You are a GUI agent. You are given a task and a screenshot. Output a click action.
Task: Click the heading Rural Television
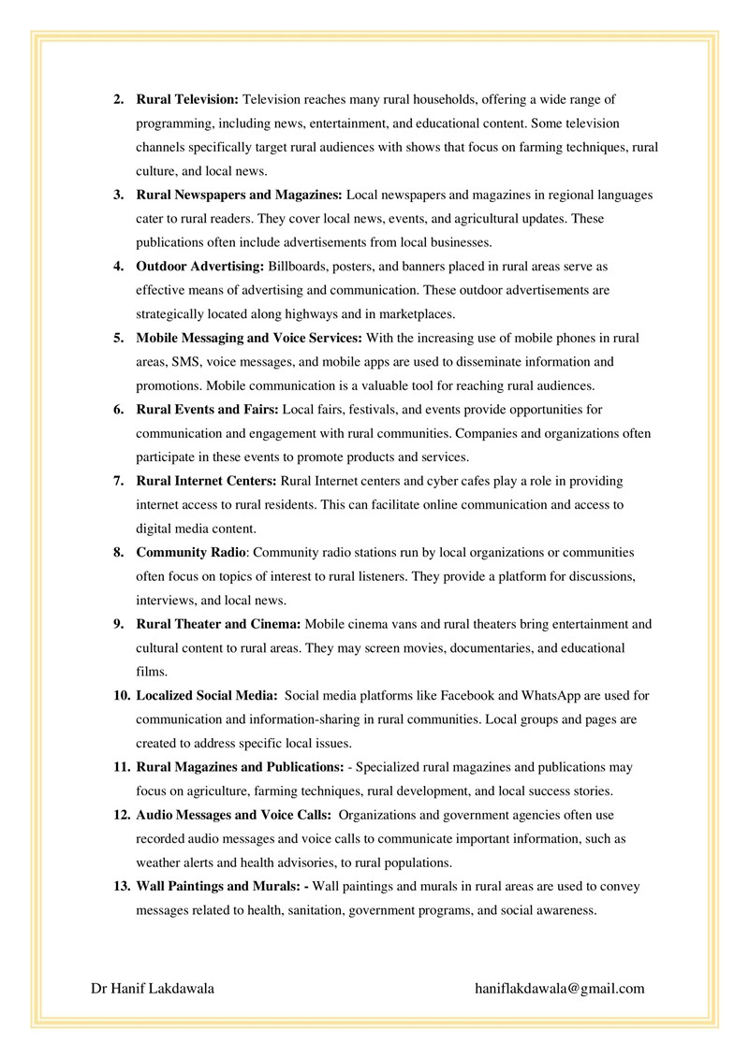(188, 98)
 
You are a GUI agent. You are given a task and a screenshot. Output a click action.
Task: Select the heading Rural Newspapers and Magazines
(240, 196)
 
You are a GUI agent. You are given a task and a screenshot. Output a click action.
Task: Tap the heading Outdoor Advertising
(200, 267)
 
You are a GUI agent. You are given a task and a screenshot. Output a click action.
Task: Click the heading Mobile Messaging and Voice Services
(250, 338)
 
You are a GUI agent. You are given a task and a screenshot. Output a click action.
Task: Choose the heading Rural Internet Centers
(206, 481)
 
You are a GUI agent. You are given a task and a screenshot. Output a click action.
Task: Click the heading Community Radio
(191, 552)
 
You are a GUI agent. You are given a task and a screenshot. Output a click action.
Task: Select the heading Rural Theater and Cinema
(218, 624)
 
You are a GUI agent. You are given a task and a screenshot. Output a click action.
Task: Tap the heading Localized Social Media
(207, 695)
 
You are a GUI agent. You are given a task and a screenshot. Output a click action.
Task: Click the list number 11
(121, 767)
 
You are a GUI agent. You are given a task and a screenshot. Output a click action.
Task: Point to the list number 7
(119, 481)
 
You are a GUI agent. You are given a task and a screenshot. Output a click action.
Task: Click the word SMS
(187, 362)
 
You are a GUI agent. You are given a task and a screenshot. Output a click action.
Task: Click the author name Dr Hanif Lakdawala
(153, 988)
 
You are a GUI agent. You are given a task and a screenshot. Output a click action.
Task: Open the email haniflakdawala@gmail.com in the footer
(560, 988)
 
